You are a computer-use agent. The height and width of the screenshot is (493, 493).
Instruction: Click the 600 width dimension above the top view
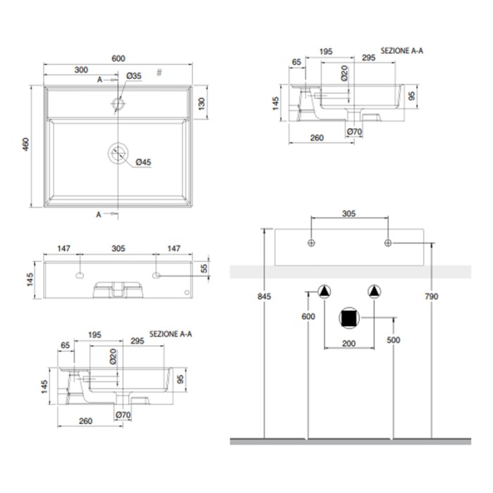118,58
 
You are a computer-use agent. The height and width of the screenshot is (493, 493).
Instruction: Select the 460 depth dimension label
26,144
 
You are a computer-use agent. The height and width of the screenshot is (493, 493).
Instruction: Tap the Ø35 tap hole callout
134,76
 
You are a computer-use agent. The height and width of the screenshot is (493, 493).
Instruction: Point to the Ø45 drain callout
144,162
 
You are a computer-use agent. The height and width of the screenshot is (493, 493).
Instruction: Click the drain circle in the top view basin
118,153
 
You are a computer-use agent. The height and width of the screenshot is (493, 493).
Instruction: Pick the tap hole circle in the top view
118,103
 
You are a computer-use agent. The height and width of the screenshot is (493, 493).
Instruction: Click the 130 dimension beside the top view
202,104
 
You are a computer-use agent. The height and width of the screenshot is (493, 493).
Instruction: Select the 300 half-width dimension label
81,70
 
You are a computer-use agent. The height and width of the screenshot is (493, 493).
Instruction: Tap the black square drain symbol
349,318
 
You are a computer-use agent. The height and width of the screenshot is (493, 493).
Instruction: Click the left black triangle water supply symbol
324,292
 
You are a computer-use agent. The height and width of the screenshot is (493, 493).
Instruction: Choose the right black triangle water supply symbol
374,292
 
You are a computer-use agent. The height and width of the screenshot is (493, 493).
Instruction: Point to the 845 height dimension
264,297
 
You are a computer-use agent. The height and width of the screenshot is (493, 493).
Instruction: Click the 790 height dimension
431,297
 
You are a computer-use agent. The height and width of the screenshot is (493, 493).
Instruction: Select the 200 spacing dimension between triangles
349,344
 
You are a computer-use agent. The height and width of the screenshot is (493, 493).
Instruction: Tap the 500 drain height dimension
393,340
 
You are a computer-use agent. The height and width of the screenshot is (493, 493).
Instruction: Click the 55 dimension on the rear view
204,268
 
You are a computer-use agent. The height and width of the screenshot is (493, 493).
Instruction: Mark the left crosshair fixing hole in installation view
311,243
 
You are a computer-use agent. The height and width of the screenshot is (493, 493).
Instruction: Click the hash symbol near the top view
159,73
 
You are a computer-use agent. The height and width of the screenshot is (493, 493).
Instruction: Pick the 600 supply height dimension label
308,317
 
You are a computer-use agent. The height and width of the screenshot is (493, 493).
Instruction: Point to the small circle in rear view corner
187,293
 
